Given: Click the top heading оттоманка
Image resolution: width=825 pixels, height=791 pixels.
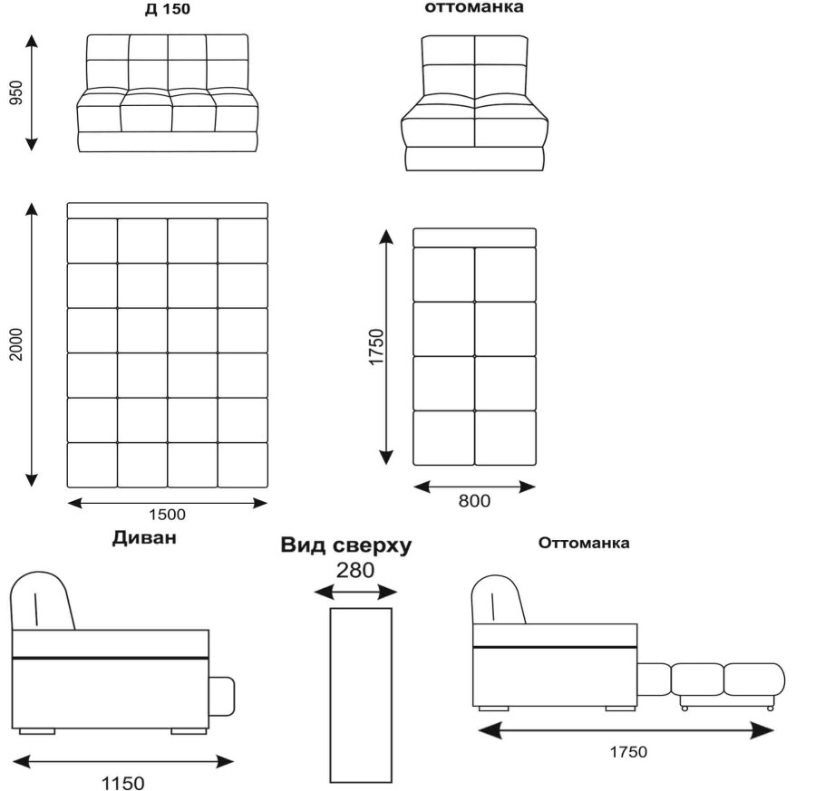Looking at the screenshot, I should [473, 7].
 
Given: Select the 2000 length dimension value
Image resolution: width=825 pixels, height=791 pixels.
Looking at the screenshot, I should [15, 344].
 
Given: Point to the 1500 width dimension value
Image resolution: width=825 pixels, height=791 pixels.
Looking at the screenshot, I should [167, 515].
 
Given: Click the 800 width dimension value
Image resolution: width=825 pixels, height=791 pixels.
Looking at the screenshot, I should [474, 500].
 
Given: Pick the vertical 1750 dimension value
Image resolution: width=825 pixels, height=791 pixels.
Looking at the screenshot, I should [377, 346].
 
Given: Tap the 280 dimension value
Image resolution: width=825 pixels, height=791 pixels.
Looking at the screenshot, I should [354, 571].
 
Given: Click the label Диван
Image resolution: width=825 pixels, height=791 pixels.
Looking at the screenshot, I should [144, 538].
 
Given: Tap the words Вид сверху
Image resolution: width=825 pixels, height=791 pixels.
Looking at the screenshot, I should [345, 545].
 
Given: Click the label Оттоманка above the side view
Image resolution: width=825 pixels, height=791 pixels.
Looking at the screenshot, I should [584, 544].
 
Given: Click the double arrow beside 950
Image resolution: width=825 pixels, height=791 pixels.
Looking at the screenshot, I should [32, 92].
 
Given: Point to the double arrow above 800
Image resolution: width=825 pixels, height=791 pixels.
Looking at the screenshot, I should [474, 487].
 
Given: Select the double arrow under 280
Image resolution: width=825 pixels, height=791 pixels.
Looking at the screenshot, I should [355, 593].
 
